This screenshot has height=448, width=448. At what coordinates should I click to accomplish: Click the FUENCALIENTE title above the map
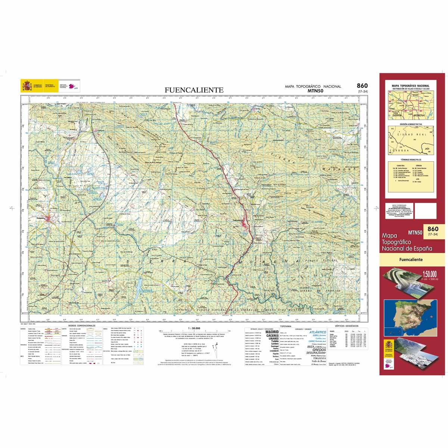click(x=195, y=90)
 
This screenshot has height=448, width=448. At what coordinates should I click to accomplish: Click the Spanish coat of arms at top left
click(x=26, y=86)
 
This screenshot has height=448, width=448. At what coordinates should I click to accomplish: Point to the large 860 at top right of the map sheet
click(x=362, y=85)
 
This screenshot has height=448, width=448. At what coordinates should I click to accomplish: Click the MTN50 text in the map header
click(x=315, y=90)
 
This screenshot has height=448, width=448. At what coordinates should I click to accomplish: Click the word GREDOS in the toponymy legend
click(x=314, y=350)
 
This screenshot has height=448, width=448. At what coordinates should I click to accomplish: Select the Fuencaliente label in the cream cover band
click(x=410, y=259)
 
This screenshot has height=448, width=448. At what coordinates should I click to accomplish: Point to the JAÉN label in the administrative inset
click(x=427, y=148)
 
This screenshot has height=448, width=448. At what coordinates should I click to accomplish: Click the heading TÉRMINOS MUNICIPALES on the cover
click(x=410, y=159)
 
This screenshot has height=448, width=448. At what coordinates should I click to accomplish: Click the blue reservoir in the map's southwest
click(x=139, y=287)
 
